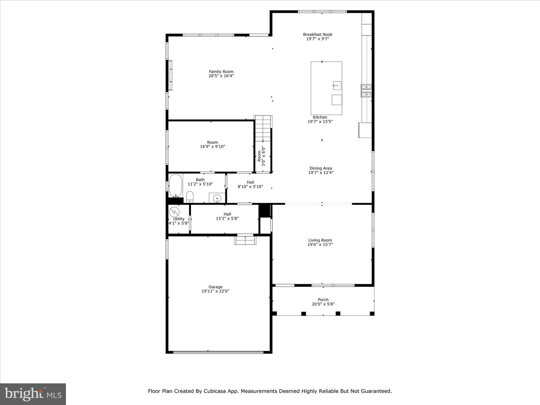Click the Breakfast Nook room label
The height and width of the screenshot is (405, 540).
318,34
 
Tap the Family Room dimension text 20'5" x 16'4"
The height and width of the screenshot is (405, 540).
221,76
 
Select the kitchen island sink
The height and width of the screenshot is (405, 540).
337,85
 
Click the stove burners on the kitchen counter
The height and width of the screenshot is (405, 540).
366,91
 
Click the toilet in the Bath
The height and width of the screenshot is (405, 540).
190,196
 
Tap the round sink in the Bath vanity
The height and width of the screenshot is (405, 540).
217,198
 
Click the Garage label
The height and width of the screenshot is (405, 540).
215,287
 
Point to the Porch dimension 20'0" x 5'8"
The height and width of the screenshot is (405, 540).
323,304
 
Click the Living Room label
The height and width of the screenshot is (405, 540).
320,240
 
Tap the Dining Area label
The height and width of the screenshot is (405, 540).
320,168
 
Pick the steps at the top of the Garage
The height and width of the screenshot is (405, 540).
245,240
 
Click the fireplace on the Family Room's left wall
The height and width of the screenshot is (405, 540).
171,75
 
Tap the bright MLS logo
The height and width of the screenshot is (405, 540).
33,394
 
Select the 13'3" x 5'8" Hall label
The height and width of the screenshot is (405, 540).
227,216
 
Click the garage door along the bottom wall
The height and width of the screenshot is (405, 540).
218,352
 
